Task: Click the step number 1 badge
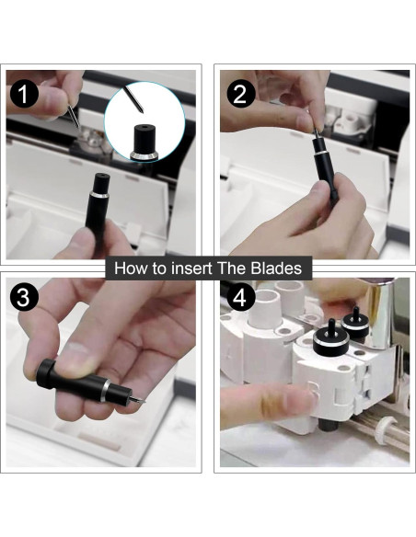24,94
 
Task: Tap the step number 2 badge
241,94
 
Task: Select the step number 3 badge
23,297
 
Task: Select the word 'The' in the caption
232,268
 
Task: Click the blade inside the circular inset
133,99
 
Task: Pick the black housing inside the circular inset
144,143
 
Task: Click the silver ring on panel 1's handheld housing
99,195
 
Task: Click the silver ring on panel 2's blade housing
322,152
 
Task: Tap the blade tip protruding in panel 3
137,399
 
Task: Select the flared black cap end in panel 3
46,373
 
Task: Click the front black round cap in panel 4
331,339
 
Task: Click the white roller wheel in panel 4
386,430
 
